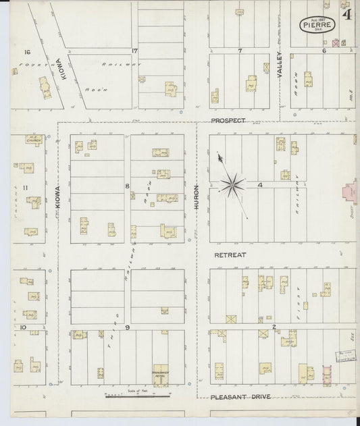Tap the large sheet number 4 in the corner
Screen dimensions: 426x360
pyautogui.click(x=346, y=14)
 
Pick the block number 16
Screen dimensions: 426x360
pyautogui.click(x=28, y=52)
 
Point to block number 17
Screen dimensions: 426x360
pyautogui.click(x=135, y=51)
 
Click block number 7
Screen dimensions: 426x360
pyautogui.click(x=240, y=51)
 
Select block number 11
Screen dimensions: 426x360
pyautogui.click(x=25, y=187)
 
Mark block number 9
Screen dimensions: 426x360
pyautogui.click(x=126, y=327)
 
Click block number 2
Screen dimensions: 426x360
pyautogui.click(x=274, y=327)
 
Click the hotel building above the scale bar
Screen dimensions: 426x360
pyautogui.click(x=161, y=375)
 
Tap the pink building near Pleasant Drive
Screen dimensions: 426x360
pyautogui.click(x=328, y=372)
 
